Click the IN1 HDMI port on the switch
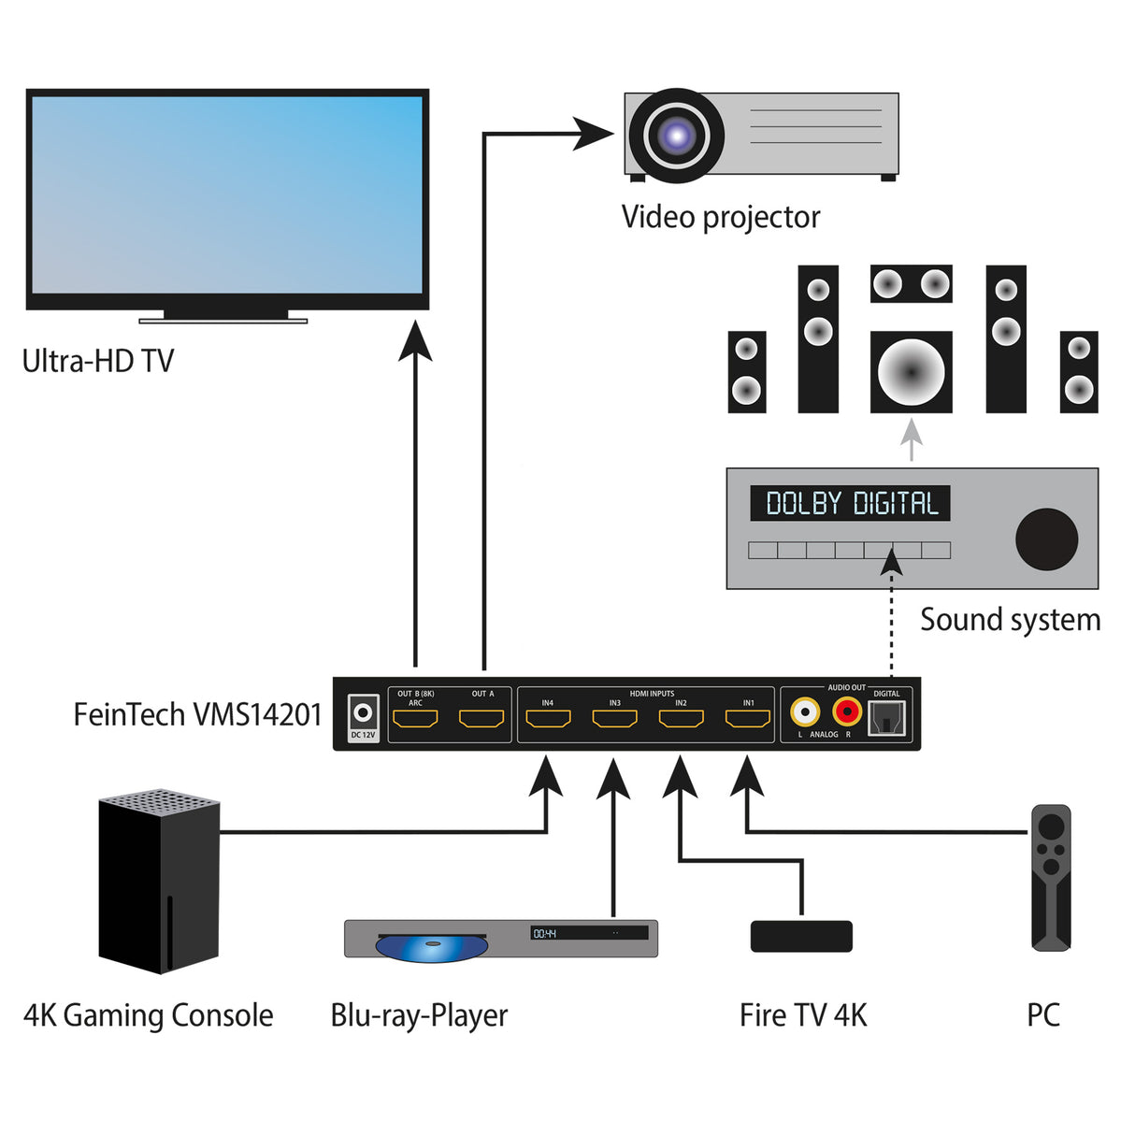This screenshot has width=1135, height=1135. click(x=748, y=719)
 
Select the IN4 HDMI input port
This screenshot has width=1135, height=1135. click(x=548, y=719)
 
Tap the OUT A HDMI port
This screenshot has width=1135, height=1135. click(x=481, y=719)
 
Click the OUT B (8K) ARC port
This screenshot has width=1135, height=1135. click(x=415, y=719)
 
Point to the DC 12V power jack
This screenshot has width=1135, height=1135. click(x=363, y=714)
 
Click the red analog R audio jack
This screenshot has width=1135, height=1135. click(x=847, y=712)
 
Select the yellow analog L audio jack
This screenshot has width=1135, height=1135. click(x=804, y=712)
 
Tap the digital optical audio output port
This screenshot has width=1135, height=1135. click(x=886, y=718)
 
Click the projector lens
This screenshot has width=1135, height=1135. click(x=676, y=136)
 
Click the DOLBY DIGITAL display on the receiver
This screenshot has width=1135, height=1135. click(x=850, y=503)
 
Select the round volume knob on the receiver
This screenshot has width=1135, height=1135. click(x=1046, y=539)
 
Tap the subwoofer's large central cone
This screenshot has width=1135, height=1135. click(x=911, y=371)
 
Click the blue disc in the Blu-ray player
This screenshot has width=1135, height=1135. click(x=431, y=947)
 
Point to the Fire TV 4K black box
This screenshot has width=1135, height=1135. click(x=801, y=936)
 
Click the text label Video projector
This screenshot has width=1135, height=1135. click(x=720, y=217)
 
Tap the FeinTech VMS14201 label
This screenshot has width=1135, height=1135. click(x=197, y=714)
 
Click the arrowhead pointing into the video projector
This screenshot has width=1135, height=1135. click(x=593, y=134)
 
